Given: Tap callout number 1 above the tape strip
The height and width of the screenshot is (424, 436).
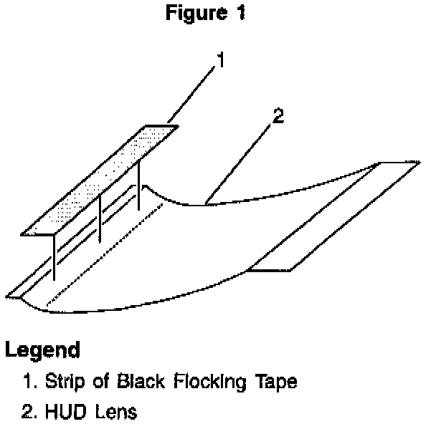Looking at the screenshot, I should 221,61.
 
